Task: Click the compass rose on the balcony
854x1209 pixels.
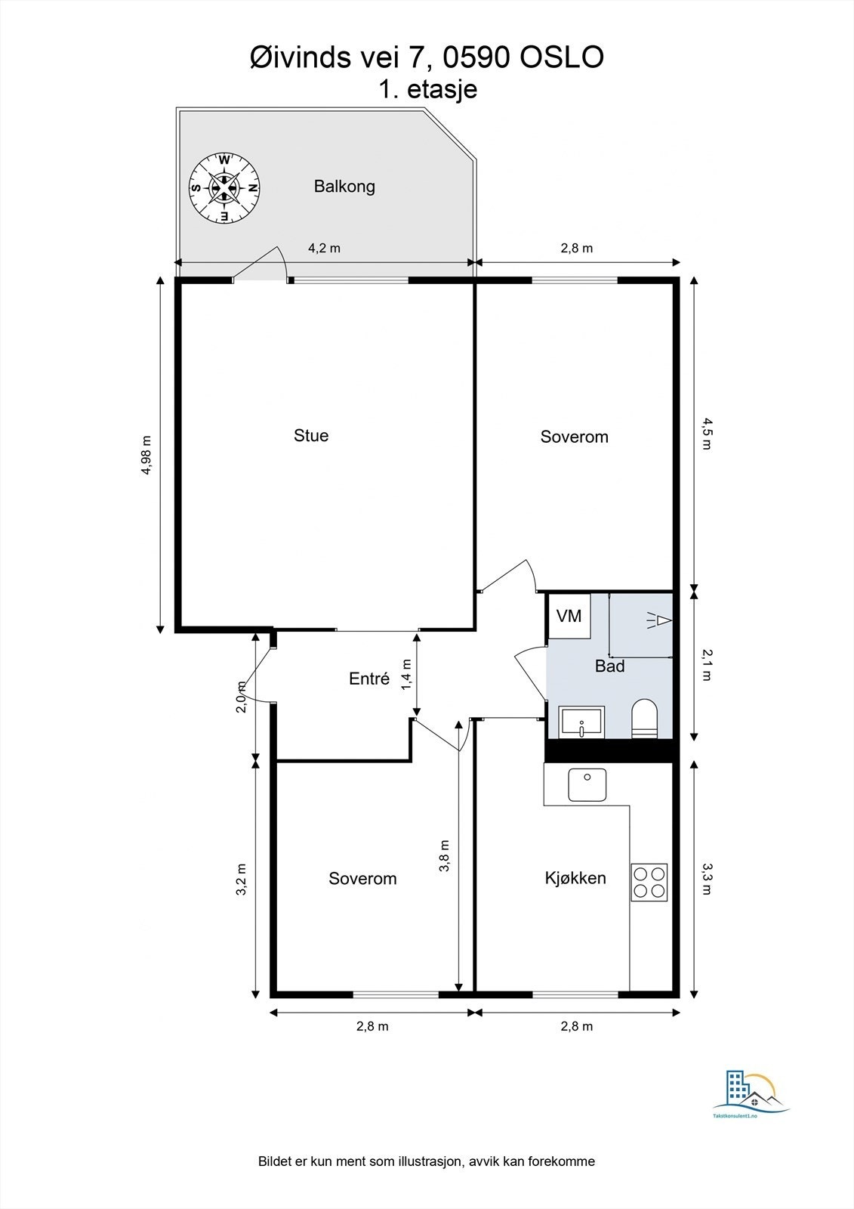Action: click(224, 188)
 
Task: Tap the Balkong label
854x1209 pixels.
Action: click(344, 187)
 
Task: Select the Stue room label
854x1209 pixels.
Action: click(311, 435)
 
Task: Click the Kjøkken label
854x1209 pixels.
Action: click(575, 877)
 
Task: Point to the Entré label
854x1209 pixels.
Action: click(369, 678)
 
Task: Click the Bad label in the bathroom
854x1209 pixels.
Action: click(609, 666)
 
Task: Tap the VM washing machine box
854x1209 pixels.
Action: click(569, 616)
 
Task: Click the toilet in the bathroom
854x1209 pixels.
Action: click(644, 719)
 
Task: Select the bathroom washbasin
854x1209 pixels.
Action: click(582, 722)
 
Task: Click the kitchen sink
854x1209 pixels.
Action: click(587, 785)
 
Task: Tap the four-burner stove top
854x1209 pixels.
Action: click(649, 882)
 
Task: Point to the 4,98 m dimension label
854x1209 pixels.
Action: click(146, 455)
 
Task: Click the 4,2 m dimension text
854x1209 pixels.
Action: click(324, 249)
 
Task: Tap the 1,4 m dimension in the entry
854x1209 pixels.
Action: click(406, 674)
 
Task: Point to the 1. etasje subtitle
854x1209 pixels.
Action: click(428, 89)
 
